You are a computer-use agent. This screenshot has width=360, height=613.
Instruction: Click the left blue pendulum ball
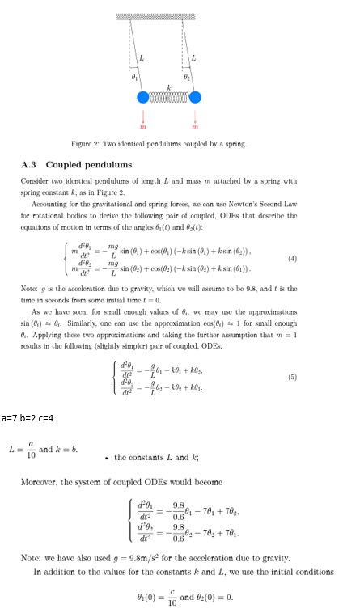[x=144, y=97]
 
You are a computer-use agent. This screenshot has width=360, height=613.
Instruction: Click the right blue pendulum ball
[x=195, y=97]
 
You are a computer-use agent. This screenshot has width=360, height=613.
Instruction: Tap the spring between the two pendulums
[x=169, y=97]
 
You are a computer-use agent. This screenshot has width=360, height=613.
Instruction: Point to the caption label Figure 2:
[x=88, y=143]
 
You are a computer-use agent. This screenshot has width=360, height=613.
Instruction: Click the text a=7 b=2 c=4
[x=28, y=416]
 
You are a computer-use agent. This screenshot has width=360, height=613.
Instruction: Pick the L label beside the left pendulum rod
[x=141, y=56]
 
